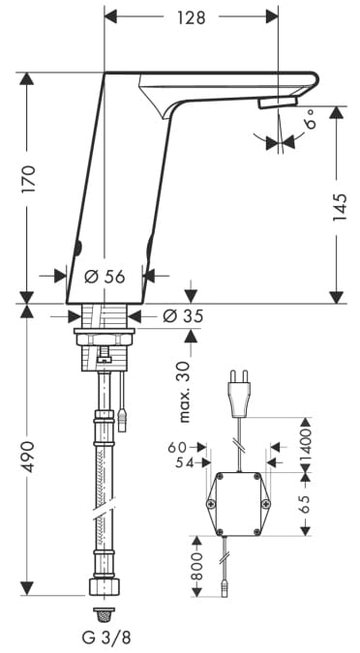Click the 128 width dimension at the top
coord(192,17)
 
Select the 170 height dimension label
coord(29,179)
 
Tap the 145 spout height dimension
coord(340,207)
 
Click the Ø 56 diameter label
coord(105,276)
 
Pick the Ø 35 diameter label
coord(183,316)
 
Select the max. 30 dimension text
coord(183,392)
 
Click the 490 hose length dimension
coord(29,457)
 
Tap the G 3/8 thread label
coord(104,638)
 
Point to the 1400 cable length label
coord(306,444)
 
